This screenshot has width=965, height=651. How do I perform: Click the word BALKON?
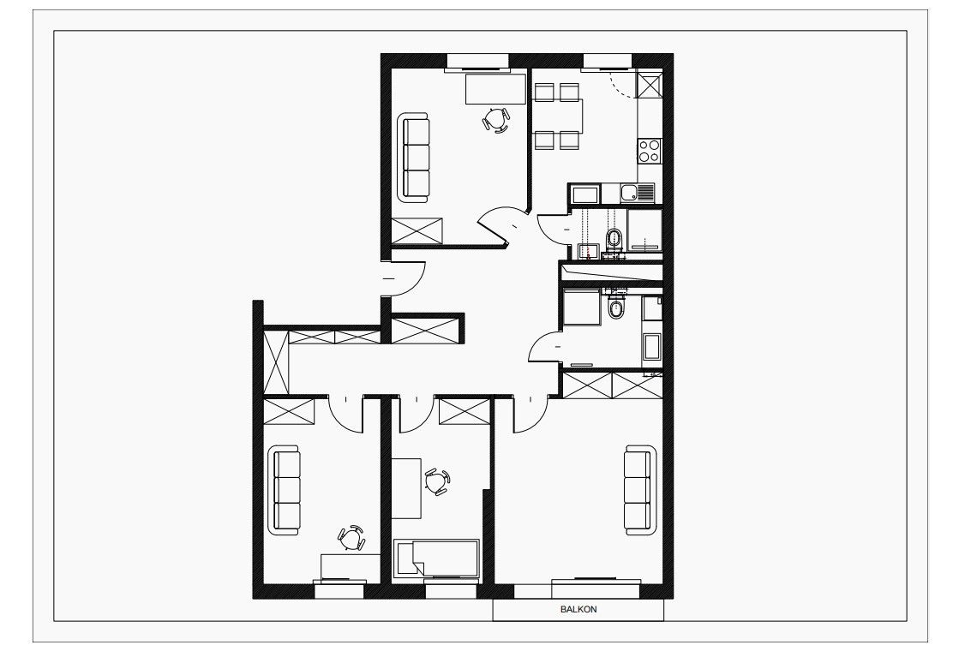click(578, 610)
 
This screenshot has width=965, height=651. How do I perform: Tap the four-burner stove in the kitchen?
click(650, 150)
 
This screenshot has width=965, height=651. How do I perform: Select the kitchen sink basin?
click(630, 194)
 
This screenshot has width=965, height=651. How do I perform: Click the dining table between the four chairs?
click(557, 116)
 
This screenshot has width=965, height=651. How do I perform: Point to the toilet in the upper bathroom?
click(614, 238)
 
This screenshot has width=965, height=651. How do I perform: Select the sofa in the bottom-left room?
click(285, 491)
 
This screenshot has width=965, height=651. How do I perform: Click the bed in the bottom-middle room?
click(436, 558)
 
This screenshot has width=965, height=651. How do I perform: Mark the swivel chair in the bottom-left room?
click(351, 539)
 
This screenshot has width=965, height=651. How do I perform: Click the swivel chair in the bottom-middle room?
click(438, 481)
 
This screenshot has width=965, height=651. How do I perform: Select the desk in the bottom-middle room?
click(406, 488)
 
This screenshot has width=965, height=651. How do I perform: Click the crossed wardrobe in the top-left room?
click(417, 230)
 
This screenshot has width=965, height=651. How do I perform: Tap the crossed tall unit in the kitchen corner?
click(650, 85)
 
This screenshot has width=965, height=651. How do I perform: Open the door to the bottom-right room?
click(530, 415)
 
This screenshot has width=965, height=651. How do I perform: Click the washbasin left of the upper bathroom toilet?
click(589, 251)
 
